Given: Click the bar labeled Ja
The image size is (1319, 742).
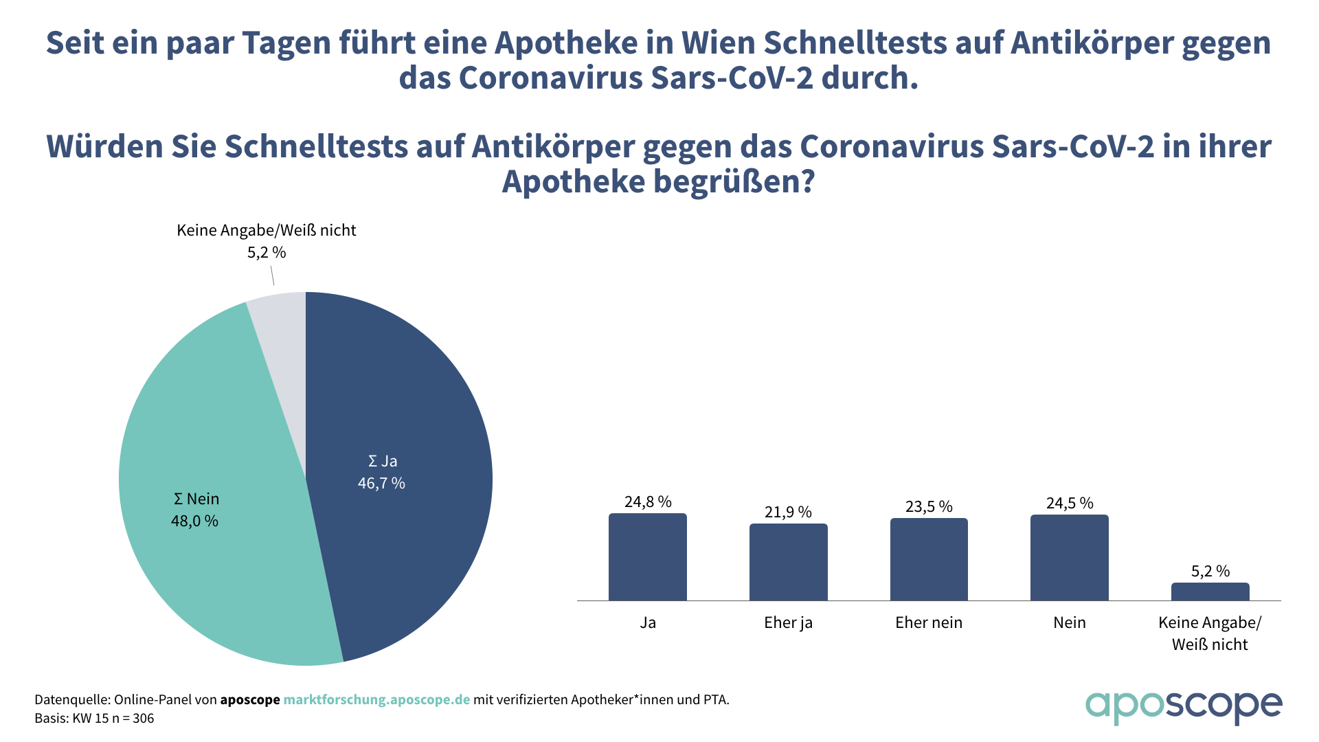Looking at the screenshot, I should [x=647, y=557].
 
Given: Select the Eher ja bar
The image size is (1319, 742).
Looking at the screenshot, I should [x=788, y=562].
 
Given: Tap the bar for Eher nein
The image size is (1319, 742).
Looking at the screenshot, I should [x=929, y=559].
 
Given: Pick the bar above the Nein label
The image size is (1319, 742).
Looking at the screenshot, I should [x=1069, y=558].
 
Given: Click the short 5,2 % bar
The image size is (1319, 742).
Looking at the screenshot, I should [x=1210, y=592].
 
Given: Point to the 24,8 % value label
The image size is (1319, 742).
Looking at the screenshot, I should [x=647, y=502].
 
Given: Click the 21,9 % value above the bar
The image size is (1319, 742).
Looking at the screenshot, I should [x=788, y=513].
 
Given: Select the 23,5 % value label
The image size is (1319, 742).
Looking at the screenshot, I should [x=929, y=507].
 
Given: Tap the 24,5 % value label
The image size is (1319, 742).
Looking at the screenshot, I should [x=1069, y=504].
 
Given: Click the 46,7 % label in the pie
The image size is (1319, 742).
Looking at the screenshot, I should [x=381, y=484].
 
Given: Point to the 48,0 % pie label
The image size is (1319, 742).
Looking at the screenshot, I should [x=194, y=521].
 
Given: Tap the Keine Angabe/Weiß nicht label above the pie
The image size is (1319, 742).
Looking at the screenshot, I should [x=267, y=231].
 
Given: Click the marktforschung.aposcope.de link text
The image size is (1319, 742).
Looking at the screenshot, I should [x=376, y=700].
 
